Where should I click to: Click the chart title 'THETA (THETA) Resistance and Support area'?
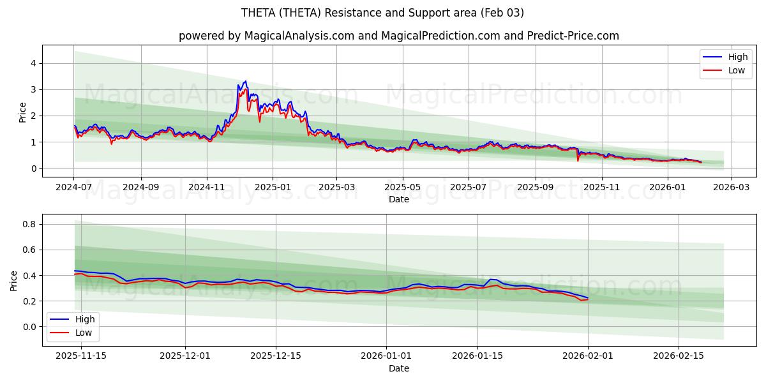coord(382,13)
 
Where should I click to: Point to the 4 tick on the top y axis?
coord(32,63)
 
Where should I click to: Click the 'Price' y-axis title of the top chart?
coord(23,112)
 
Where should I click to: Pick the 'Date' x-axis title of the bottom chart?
coord(399,368)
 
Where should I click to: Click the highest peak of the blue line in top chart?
coord(245,81)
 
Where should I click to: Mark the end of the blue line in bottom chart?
coord(588,298)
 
